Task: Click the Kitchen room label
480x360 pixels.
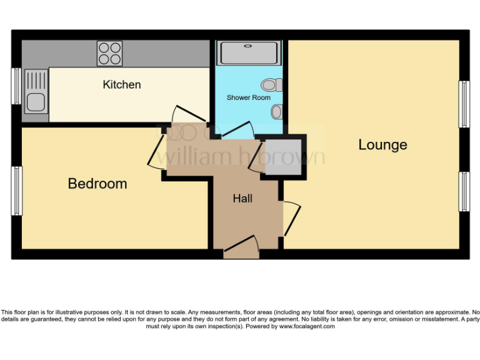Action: (x=122, y=84)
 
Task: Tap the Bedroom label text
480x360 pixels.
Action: (x=97, y=184)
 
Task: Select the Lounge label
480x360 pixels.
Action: (x=382, y=145)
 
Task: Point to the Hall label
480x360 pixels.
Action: (x=242, y=199)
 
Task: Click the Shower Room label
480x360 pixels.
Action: (x=248, y=97)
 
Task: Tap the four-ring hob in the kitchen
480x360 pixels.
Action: (x=109, y=53)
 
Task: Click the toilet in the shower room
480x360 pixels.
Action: (x=271, y=84)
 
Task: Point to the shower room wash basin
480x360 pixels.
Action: (x=276, y=112)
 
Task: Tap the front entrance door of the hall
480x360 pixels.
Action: (x=242, y=247)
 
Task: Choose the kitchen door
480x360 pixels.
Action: (x=187, y=116)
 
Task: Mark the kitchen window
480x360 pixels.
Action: (x=16, y=84)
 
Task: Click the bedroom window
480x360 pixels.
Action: (x=16, y=191)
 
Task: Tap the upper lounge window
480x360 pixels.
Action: (x=464, y=104)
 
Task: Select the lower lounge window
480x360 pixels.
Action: (x=464, y=191)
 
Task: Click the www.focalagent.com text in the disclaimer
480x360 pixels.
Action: (x=307, y=326)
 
